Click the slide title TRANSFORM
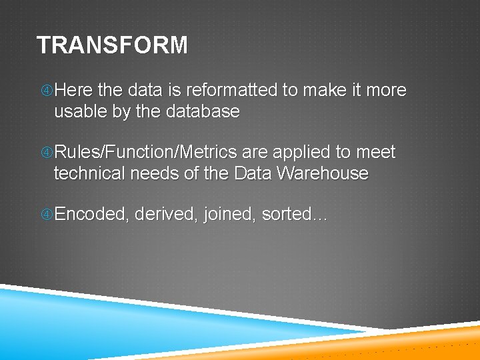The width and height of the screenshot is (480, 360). (112, 45)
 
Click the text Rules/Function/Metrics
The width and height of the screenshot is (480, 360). (145, 153)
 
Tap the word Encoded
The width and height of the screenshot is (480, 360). (91, 215)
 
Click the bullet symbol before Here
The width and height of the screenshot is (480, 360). (46, 91)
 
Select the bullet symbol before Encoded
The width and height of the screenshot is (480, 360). (46, 215)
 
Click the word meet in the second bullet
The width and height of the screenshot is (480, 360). (376, 153)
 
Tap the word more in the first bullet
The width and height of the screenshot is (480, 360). (385, 90)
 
